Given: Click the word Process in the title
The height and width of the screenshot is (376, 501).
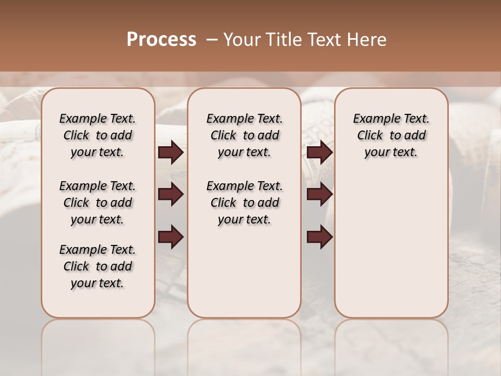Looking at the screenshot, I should click(x=161, y=40).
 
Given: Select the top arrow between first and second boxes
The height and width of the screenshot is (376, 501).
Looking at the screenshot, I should click(x=171, y=152).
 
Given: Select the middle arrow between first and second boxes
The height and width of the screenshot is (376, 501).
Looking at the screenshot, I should click(x=171, y=195).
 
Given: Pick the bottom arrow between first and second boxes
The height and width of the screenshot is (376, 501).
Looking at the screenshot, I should click(x=171, y=238).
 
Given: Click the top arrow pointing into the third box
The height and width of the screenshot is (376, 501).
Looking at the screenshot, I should click(x=319, y=152).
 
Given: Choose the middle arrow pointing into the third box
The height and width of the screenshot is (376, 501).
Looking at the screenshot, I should click(x=319, y=195).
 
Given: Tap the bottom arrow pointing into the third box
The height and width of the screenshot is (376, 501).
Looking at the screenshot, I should click(x=319, y=238).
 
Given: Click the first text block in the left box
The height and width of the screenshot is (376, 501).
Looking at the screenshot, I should click(x=98, y=135).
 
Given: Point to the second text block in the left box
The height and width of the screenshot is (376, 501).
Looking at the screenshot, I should click(x=98, y=203).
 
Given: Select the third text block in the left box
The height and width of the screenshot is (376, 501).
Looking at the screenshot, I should click(x=98, y=266).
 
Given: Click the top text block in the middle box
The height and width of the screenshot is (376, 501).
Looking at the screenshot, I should click(x=244, y=135).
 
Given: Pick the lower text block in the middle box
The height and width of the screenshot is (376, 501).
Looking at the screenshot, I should click(x=244, y=203).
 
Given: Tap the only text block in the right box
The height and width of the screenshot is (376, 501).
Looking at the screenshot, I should click(x=391, y=135).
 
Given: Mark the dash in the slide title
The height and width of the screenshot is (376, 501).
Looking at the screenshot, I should click(x=212, y=40).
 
